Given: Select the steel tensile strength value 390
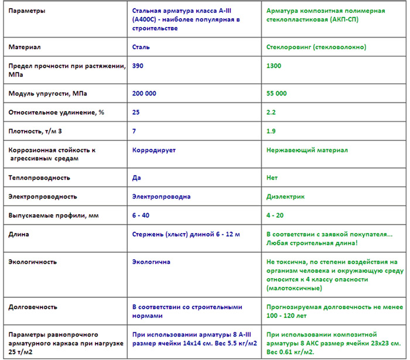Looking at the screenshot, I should (139, 66).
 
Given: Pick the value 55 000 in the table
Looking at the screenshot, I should (276, 93).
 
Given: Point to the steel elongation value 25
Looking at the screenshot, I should (136, 112).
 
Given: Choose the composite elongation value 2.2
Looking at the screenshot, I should (271, 112).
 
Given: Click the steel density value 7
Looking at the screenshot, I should (135, 131).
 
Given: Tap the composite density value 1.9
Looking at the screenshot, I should (271, 131).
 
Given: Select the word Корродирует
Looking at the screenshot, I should (155, 150).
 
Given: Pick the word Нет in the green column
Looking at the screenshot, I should (272, 177).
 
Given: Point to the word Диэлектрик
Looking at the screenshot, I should (285, 197).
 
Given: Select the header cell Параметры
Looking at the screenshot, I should (29, 11).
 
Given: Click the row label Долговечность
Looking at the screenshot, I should (33, 306).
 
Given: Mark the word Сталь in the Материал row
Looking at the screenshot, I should (141, 46).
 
